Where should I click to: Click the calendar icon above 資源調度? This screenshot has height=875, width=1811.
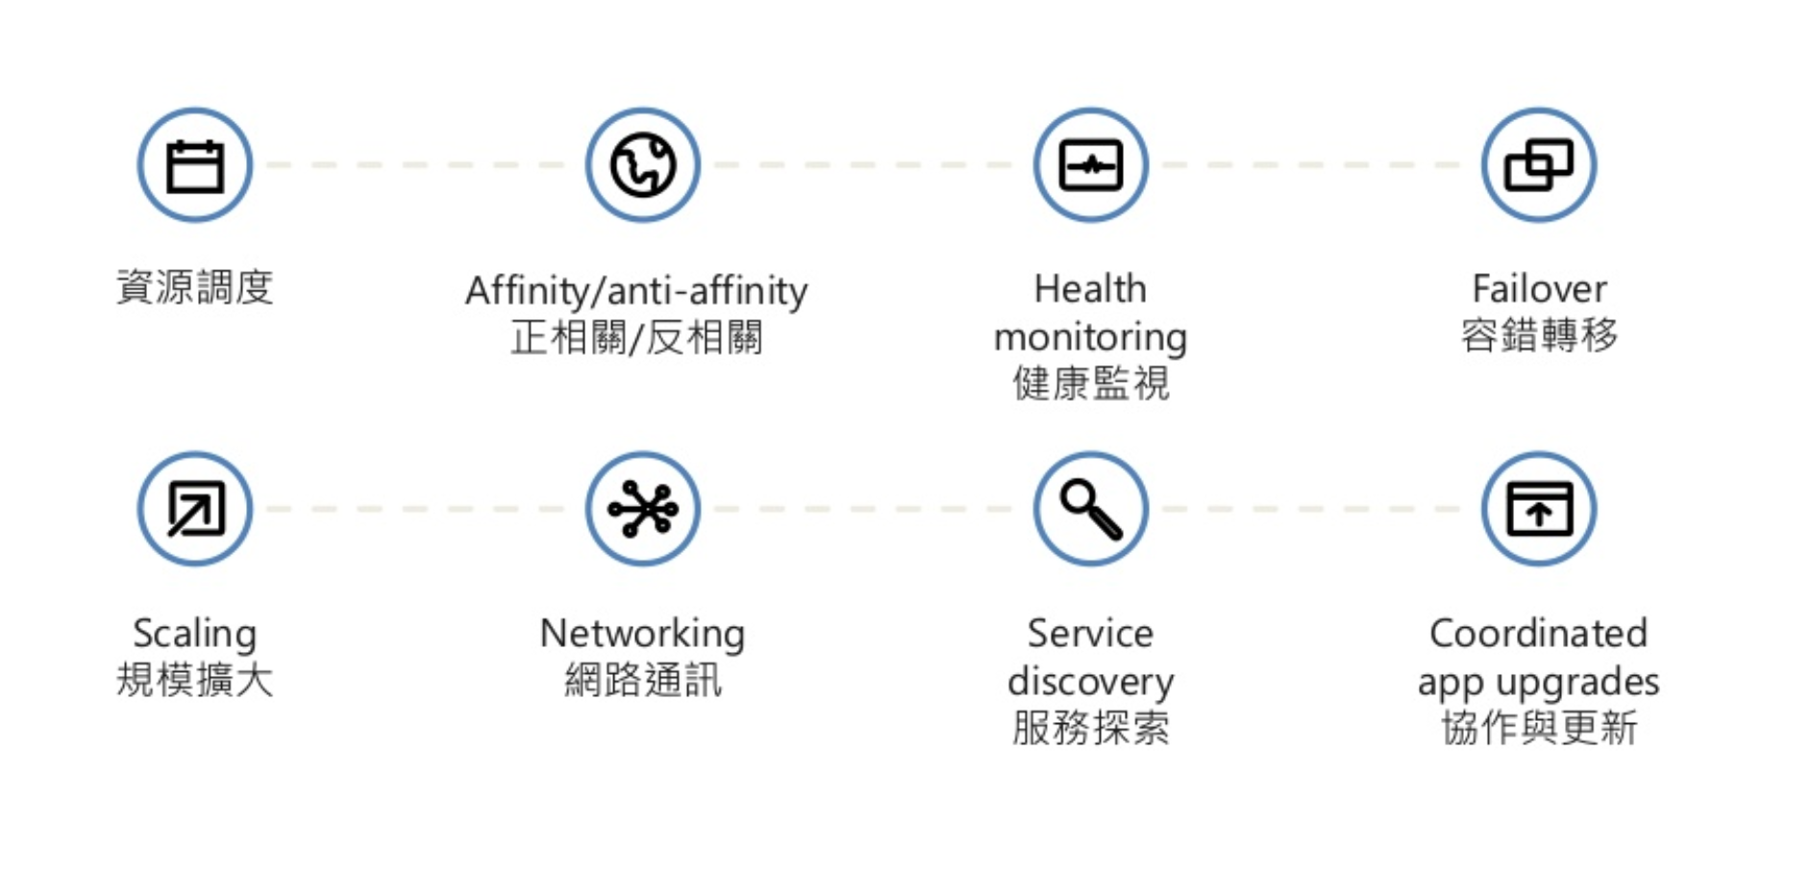pyautogui.click(x=195, y=165)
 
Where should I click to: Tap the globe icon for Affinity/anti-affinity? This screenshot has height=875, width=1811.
pyautogui.click(x=643, y=165)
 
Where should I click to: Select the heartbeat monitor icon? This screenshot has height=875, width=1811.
pyautogui.click(x=1091, y=165)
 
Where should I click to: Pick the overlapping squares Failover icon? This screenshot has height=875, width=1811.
pyautogui.click(x=1538, y=165)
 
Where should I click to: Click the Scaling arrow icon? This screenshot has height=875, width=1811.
pyautogui.click(x=195, y=509)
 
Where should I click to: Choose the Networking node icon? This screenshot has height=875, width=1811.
pyautogui.click(x=643, y=509)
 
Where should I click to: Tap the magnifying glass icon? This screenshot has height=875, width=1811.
pyautogui.click(x=1091, y=509)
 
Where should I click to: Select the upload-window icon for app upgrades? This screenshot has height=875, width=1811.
pyautogui.click(x=1538, y=509)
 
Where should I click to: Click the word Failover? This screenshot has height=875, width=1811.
pyautogui.click(x=1539, y=288)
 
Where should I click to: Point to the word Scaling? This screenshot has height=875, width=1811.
pyautogui.click(x=195, y=635)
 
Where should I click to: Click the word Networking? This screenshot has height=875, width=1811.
pyautogui.click(x=642, y=635)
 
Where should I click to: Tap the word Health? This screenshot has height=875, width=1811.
pyautogui.click(x=1090, y=288)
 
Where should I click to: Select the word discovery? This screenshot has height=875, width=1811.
pyautogui.click(x=1090, y=682)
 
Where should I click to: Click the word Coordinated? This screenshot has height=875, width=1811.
pyautogui.click(x=1538, y=634)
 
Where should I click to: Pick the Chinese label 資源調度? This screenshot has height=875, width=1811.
pyautogui.click(x=195, y=287)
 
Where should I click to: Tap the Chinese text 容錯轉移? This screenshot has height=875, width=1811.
pyautogui.click(x=1539, y=336)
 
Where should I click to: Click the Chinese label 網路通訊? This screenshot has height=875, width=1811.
pyautogui.click(x=642, y=681)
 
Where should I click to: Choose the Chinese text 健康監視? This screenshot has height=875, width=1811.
pyautogui.click(x=1090, y=384)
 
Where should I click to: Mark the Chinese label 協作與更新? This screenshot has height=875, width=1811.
pyautogui.click(x=1538, y=728)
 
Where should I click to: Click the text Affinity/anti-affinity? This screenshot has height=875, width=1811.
pyautogui.click(x=636, y=290)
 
